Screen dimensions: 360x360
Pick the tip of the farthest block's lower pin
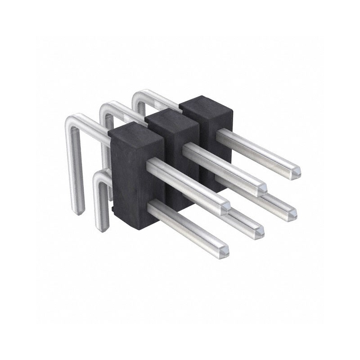292,213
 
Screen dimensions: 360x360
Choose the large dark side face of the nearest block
128,180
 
